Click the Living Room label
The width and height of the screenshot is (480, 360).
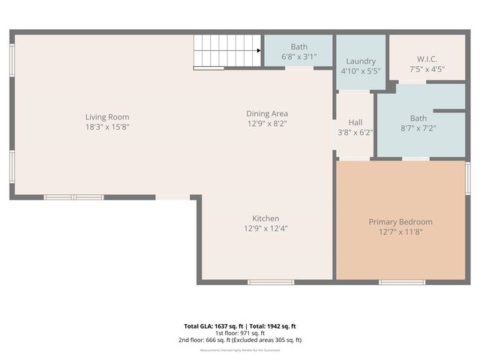coord(107,117)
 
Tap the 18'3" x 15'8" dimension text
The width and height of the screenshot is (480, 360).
coord(107,127)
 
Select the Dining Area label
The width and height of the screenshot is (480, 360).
coord(267,113)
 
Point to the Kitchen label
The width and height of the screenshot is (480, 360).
coord(266,218)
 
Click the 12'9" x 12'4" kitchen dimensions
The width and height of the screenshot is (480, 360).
coord(266,228)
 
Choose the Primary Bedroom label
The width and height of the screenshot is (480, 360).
coord(400,222)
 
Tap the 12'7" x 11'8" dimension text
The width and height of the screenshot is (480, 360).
coord(400,232)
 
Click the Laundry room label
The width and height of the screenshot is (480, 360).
coord(361,61)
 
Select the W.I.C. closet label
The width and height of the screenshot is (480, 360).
coord(427,59)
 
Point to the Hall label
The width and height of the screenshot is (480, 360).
coord(355,121)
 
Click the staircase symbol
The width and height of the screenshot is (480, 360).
coord(227,52)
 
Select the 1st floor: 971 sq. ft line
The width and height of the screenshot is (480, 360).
coord(240,333)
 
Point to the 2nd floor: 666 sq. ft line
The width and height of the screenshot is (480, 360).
coord(240,340)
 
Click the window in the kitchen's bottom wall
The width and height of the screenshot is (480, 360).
coord(271,282)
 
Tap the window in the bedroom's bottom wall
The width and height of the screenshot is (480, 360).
coord(402,282)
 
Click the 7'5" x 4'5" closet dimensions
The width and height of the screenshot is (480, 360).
coord(427,69)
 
